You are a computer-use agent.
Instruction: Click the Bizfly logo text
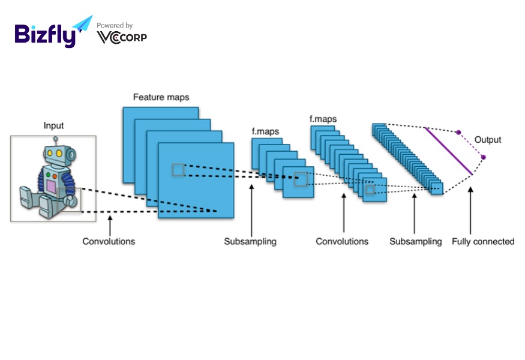click(45, 34)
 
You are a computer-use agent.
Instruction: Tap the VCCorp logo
click(122, 38)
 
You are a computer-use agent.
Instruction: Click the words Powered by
click(115, 25)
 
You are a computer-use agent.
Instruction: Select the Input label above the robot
click(53, 125)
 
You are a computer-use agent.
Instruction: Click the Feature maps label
click(161, 97)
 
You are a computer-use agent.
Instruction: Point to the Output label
click(488, 140)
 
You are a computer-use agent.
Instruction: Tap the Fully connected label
click(483, 241)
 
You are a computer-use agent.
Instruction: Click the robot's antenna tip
click(56, 139)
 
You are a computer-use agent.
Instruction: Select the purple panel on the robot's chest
click(51, 187)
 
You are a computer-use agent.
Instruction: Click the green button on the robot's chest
click(48, 175)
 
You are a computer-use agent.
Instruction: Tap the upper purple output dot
click(459, 132)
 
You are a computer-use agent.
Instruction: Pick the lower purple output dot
click(483, 157)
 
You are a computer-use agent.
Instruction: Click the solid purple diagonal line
click(449, 151)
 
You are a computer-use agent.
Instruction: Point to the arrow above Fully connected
click(470, 211)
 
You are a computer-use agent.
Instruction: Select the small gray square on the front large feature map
click(178, 170)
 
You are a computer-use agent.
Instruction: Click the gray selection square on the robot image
click(70, 200)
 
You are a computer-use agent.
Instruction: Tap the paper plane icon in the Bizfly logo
click(83, 23)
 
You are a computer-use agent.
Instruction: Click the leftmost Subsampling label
click(250, 241)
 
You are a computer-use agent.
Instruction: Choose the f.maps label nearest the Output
click(323, 119)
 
